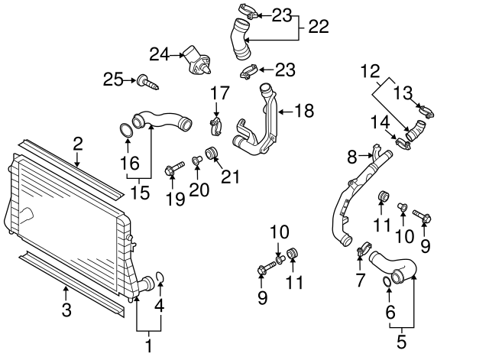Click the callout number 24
pyautogui.click(x=159, y=54)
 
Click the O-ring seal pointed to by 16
pyautogui.click(x=127, y=131)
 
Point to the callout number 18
pyautogui.click(x=304, y=112)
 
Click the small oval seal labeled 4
pyautogui.click(x=160, y=277)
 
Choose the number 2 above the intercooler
pyautogui.click(x=78, y=142)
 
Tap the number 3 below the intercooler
pyautogui.click(x=66, y=310)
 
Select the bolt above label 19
pyautogui.click(x=173, y=166)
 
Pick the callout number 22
pyautogui.click(x=318, y=27)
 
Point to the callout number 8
pyautogui.click(x=352, y=157)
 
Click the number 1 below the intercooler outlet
pyautogui.click(x=148, y=345)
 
